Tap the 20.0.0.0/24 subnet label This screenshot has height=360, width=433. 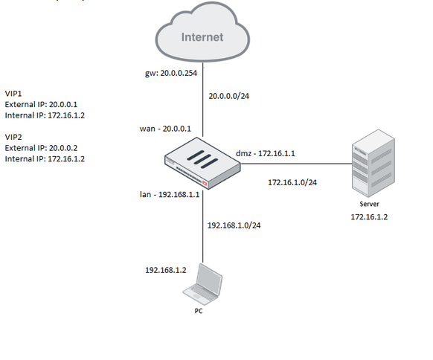click(229, 96)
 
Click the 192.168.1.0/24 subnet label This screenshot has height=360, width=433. click(234, 225)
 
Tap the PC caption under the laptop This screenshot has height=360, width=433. click(199, 311)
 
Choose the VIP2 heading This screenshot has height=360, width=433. click(13, 138)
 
